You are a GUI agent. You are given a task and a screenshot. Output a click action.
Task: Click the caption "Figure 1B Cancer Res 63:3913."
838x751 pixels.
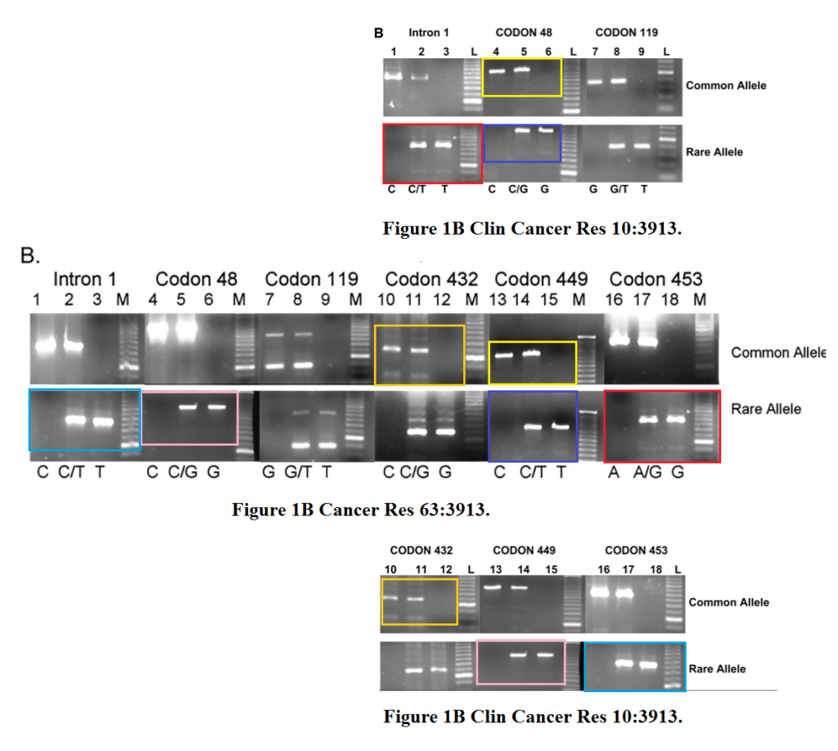pyautogui.click(x=361, y=510)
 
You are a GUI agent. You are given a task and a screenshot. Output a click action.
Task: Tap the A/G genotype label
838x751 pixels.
pyautogui.click(x=647, y=472)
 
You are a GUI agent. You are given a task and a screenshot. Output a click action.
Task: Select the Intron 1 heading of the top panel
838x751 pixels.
pyautogui.click(x=429, y=33)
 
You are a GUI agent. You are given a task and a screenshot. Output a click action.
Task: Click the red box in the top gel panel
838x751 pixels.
pyautogui.click(x=383, y=154)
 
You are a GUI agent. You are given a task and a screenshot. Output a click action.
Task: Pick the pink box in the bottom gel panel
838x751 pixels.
pyautogui.click(x=476, y=662)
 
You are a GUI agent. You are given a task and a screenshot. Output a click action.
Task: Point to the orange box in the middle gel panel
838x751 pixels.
pyautogui.click(x=375, y=355)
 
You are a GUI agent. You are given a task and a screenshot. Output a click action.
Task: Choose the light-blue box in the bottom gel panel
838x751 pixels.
pyautogui.click(x=584, y=667)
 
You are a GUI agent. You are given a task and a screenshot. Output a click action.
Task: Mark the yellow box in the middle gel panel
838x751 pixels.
pyautogui.click(x=489, y=362)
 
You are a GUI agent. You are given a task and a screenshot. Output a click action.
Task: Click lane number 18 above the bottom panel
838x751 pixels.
pyautogui.click(x=656, y=569)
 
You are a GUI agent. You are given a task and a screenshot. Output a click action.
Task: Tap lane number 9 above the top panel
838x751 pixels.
pyautogui.click(x=642, y=52)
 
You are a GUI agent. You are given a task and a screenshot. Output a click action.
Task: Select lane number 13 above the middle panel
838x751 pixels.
pyautogui.click(x=498, y=299)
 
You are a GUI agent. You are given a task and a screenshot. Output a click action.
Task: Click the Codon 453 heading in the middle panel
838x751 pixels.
pyautogui.click(x=656, y=279)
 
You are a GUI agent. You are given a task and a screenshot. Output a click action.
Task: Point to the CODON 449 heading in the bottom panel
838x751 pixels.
pyautogui.click(x=524, y=551)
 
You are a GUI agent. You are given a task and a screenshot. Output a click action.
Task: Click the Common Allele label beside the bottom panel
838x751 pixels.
pyautogui.click(x=728, y=602)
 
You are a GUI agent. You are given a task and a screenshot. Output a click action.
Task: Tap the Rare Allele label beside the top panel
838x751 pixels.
pyautogui.click(x=714, y=152)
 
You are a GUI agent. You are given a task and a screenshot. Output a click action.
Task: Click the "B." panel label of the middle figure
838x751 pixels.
pyautogui.click(x=30, y=255)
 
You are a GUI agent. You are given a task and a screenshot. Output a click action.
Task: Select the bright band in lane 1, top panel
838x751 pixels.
pyautogui.click(x=394, y=76)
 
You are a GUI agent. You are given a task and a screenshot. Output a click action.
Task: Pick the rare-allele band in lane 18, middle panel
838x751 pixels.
pyautogui.click(x=675, y=420)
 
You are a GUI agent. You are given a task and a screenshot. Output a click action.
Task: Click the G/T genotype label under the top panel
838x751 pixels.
pyautogui.click(x=619, y=190)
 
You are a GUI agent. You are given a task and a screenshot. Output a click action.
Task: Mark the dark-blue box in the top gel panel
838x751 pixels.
pyautogui.click(x=484, y=143)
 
